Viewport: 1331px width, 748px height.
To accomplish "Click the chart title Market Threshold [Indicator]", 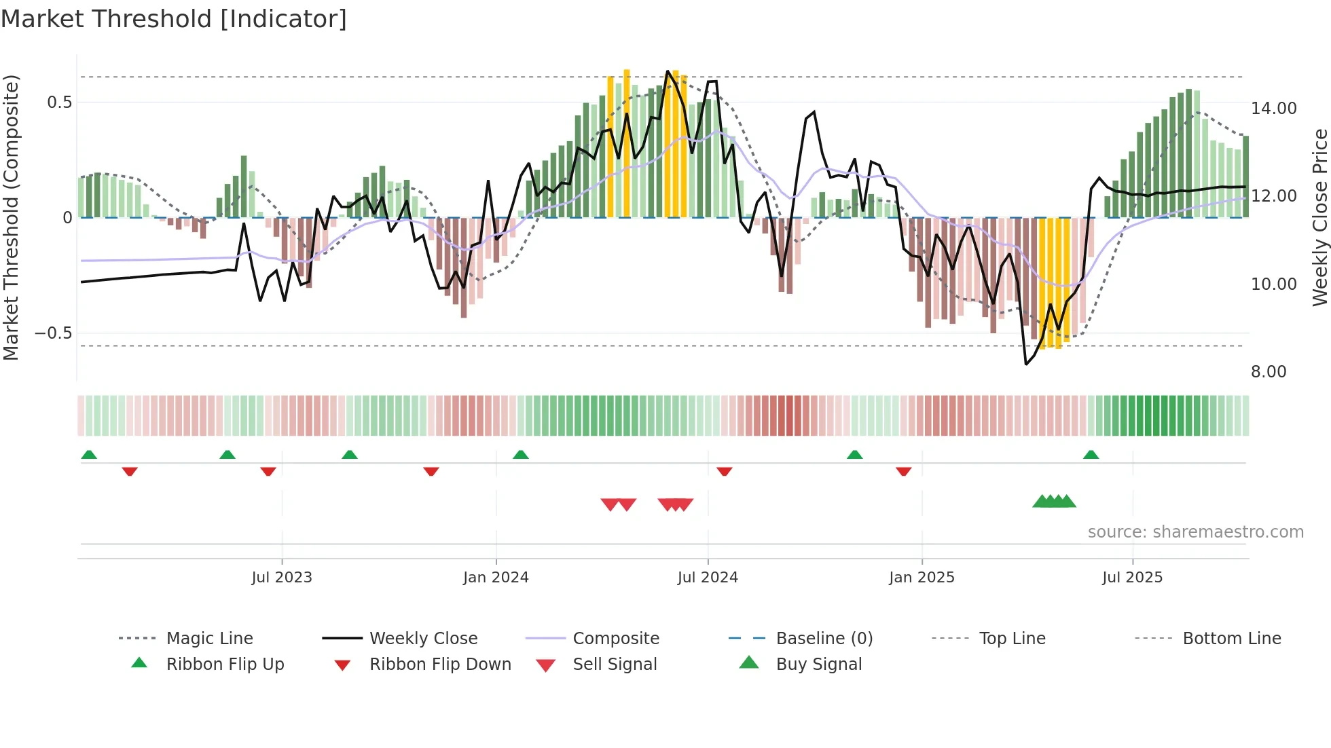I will [174, 19].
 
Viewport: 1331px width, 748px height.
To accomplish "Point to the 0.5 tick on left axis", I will [59, 102].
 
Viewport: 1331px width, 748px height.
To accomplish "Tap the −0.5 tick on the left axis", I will [54, 333].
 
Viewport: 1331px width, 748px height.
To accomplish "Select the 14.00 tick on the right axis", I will [1273, 109].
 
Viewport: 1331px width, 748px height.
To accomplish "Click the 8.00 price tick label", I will [1268, 372].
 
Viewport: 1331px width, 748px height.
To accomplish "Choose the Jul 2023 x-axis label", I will [281, 578].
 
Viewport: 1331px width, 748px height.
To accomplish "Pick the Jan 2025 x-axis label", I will [922, 578].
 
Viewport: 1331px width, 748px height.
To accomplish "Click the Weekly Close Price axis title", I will [1319, 217].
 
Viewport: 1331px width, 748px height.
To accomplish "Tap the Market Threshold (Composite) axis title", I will [11, 217].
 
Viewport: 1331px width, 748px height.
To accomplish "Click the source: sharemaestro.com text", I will [1195, 532].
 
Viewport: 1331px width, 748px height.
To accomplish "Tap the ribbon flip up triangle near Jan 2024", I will [520, 455].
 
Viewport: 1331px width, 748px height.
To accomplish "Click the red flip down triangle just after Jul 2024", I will [725, 471].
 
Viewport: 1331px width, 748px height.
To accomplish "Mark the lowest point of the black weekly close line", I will [1026, 364].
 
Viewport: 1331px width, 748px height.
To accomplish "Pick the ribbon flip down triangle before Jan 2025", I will [903, 471].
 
